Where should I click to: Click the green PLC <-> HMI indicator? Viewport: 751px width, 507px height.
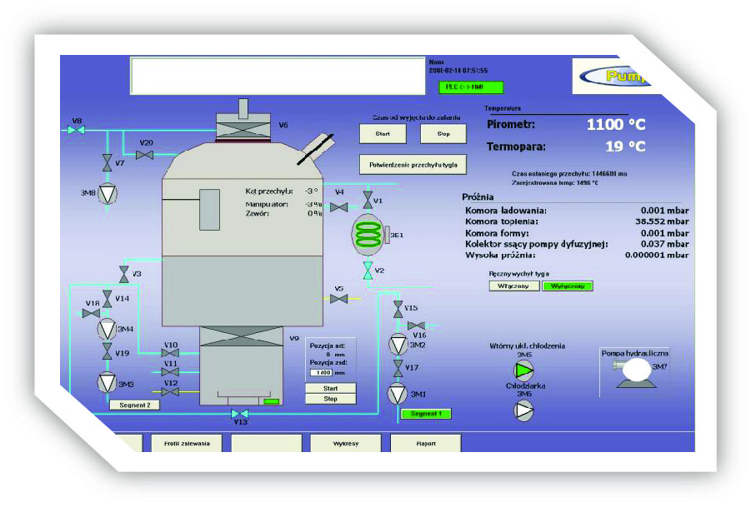pyautogui.click(x=471, y=87)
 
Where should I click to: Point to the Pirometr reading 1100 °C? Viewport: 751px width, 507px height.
pyautogui.click(x=615, y=125)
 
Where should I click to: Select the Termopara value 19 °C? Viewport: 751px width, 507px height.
pyautogui.click(x=624, y=147)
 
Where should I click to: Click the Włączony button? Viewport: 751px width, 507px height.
pyautogui.click(x=513, y=286)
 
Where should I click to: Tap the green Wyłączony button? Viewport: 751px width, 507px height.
pyautogui.click(x=567, y=286)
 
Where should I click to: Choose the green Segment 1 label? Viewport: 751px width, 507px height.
pyautogui.click(x=426, y=414)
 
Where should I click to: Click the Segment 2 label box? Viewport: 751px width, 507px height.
pyautogui.click(x=134, y=405)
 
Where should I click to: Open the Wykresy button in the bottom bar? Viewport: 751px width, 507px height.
pyautogui.click(x=345, y=444)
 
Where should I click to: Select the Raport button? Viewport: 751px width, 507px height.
pyautogui.click(x=425, y=444)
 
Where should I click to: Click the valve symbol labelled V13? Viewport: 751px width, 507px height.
pyautogui.click(x=240, y=414)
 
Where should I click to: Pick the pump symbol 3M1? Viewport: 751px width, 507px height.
pyautogui.click(x=398, y=393)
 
